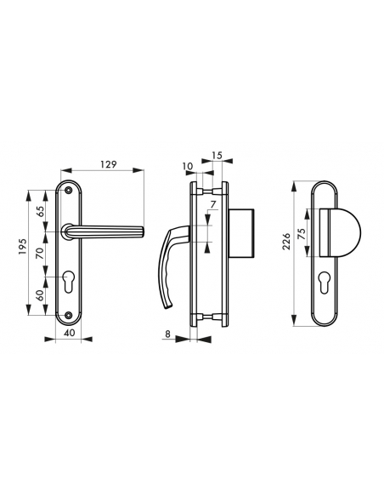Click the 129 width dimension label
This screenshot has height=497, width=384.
click(108, 164)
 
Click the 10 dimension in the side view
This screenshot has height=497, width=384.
click(188, 166)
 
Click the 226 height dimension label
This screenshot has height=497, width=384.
click(288, 253)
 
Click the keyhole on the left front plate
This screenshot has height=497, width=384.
click(69, 282)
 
